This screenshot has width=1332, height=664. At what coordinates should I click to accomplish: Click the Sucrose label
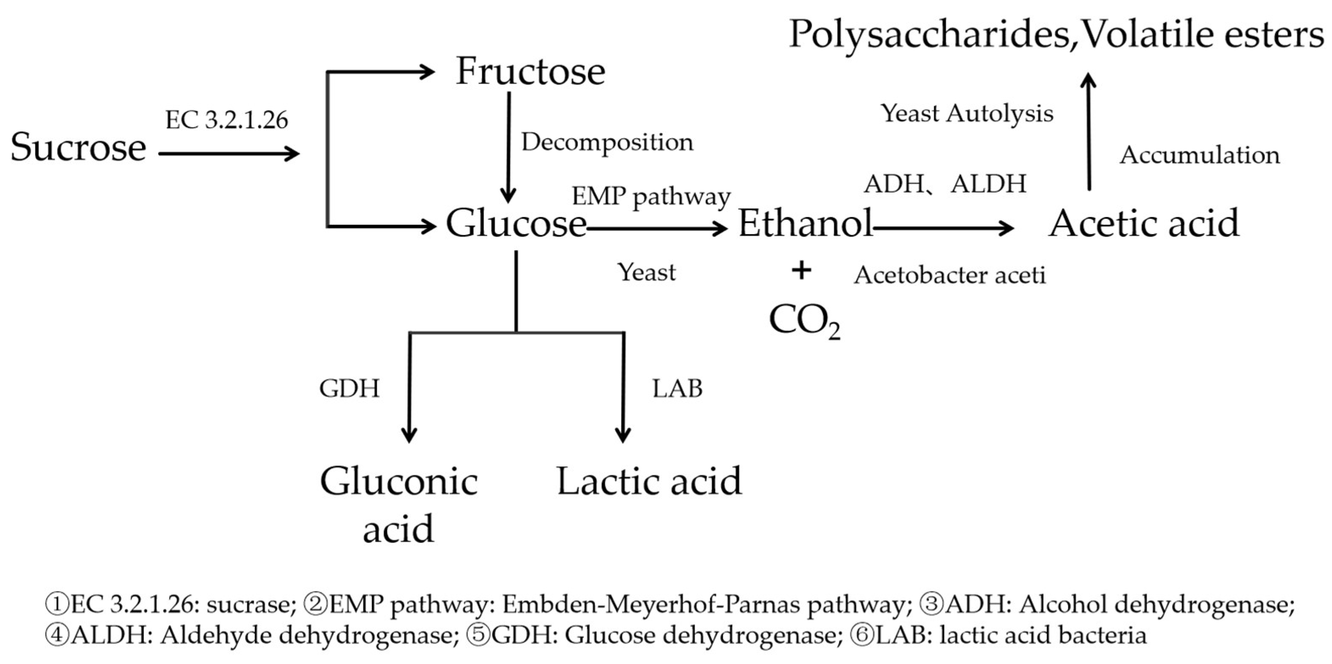pyautogui.click(x=78, y=148)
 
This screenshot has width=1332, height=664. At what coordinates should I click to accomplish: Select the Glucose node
pyautogui.click(x=516, y=223)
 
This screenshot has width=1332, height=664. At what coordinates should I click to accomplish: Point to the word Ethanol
pyautogui.click(x=805, y=223)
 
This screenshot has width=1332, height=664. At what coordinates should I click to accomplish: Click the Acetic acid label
pyautogui.click(x=1143, y=223)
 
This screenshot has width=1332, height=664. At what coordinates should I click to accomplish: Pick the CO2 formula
pyautogui.click(x=804, y=321)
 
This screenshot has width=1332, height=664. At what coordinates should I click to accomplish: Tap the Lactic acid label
pyautogui.click(x=649, y=481)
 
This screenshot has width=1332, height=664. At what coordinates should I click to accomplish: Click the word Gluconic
pyautogui.click(x=398, y=481)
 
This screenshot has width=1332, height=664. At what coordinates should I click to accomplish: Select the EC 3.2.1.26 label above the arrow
pyautogui.click(x=226, y=120)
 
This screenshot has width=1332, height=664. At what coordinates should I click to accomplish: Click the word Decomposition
pyautogui.click(x=607, y=142)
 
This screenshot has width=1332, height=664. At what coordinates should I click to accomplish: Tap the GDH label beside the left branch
pyautogui.click(x=350, y=388)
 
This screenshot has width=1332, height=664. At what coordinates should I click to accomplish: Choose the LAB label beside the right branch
pyautogui.click(x=677, y=388)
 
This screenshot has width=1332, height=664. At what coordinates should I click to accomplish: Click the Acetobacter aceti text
pyautogui.click(x=949, y=275)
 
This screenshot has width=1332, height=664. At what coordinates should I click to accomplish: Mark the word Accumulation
pyautogui.click(x=1200, y=155)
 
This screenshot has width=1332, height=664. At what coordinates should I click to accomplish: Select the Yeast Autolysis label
pyautogui.click(x=967, y=114)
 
